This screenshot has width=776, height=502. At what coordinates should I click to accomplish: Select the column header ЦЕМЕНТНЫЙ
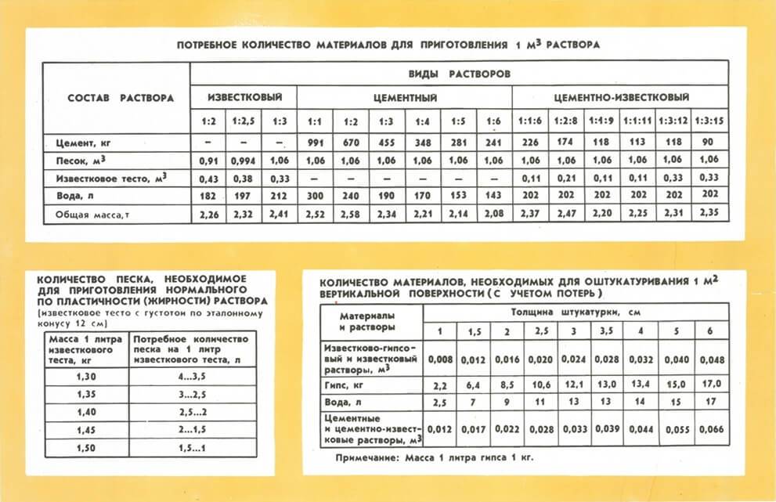point(404,98)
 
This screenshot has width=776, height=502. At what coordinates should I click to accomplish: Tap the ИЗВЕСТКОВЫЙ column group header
point(244,98)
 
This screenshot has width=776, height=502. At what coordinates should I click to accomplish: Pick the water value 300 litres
point(315,196)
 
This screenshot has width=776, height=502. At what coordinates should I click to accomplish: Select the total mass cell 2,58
point(350,214)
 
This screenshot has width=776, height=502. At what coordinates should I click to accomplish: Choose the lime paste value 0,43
point(208,179)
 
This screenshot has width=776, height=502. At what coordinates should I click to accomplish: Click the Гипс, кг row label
point(345,386)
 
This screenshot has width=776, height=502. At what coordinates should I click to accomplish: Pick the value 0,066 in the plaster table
point(709,430)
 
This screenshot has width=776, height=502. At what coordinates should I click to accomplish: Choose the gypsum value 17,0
point(709,386)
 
